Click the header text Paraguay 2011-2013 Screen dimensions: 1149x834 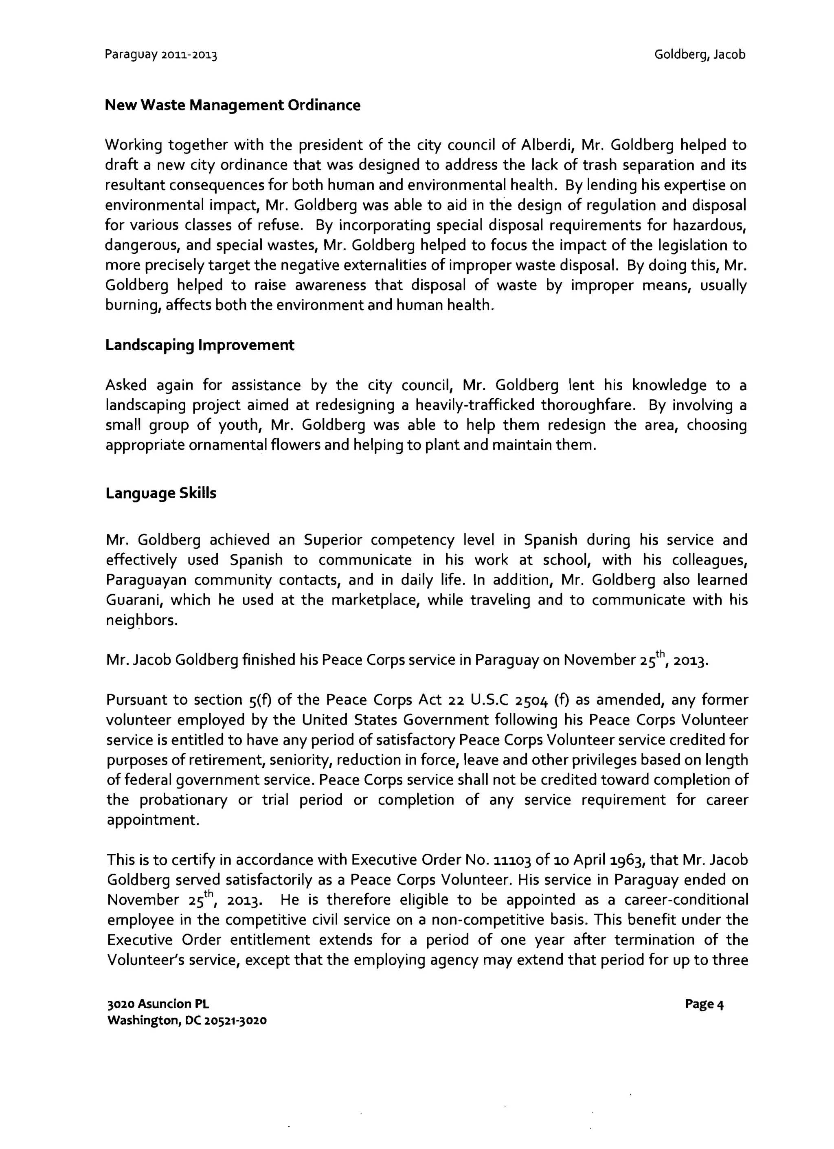160,55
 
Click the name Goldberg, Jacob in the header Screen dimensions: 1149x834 699,54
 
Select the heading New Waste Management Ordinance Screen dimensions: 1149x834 233,105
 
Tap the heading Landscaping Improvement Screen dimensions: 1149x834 200,345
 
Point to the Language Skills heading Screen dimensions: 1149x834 160,493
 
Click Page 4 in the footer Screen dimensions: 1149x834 704,1004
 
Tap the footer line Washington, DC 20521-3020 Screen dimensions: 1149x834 187,1020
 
